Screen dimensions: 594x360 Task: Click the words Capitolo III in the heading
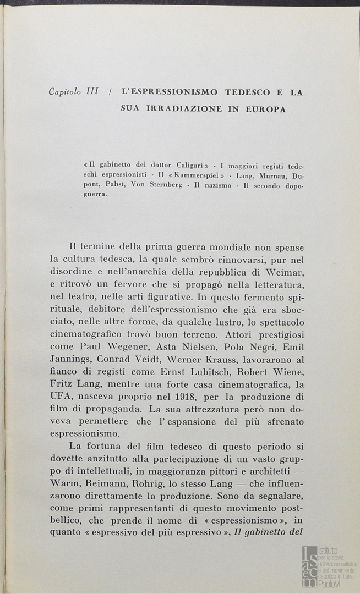click(x=73, y=92)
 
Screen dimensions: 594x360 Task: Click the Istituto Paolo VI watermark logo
click(x=329, y=566)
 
